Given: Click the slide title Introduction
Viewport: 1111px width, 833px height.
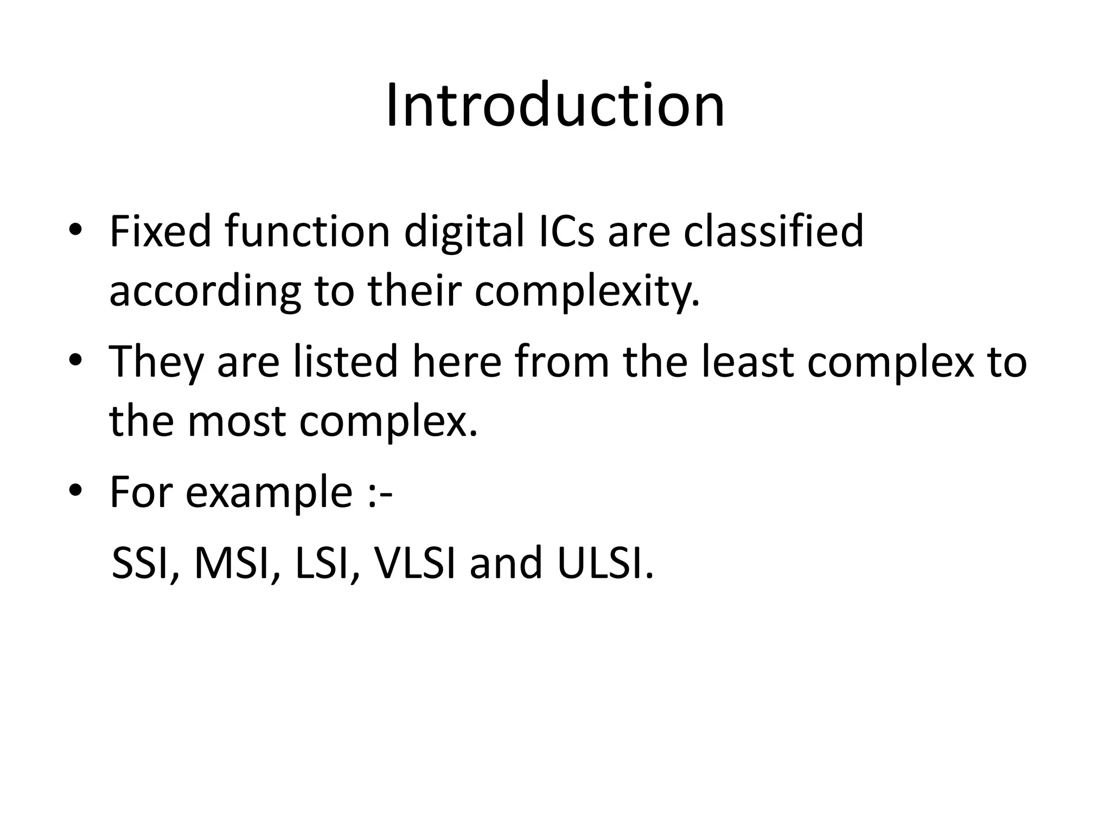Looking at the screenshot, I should [555, 106].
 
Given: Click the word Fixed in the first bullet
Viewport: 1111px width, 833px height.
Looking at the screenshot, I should [160, 232].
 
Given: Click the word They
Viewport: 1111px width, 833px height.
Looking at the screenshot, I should [156, 362].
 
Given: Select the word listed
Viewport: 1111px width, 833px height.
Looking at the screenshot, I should [346, 362].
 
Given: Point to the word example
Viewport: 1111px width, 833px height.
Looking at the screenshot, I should [269, 492].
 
